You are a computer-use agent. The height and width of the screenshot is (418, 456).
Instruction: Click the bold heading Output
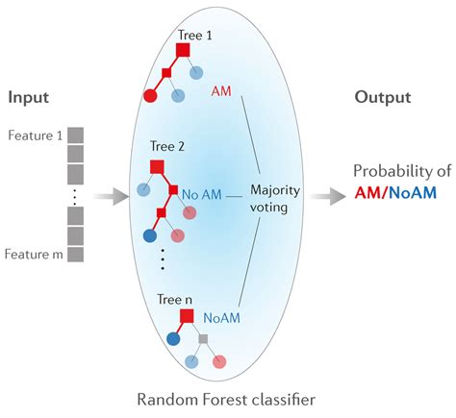tap(382, 98)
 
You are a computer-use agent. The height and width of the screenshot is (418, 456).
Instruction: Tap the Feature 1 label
tap(36, 135)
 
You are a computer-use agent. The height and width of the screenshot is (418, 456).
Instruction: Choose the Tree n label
tap(176, 300)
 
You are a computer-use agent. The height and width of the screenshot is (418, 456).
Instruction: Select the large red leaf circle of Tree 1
tap(151, 95)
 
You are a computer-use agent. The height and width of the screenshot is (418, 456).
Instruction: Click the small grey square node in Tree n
tap(203, 338)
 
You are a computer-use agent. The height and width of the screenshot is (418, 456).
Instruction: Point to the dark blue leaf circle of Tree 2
tap(150, 234)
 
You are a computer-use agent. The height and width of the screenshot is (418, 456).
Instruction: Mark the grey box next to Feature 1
tap(76, 135)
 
